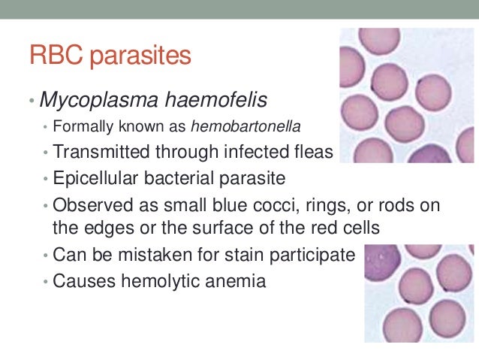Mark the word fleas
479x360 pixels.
(x=309, y=152)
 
